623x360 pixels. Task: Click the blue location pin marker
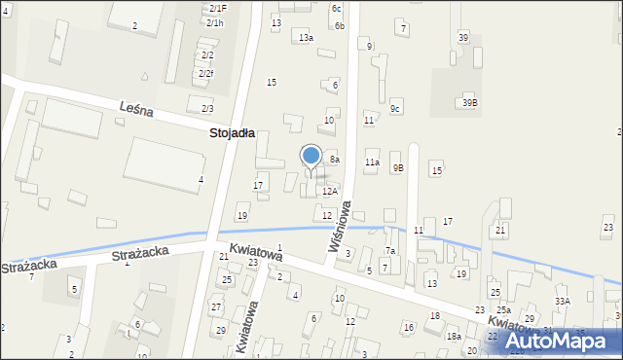tap(311, 157)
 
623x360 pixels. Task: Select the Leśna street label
tap(136, 110)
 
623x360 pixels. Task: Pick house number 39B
tap(470, 102)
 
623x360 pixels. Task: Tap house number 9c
tap(395, 108)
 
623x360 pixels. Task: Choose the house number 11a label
tap(372, 162)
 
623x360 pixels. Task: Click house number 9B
tap(398, 167)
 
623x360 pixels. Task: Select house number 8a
tap(334, 159)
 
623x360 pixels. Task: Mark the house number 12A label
tap(330, 192)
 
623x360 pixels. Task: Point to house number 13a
tap(306, 37)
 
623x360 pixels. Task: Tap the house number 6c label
tap(336, 8)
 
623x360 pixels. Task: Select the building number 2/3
tap(206, 108)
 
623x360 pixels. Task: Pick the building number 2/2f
tap(206, 73)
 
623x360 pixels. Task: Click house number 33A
tap(563, 302)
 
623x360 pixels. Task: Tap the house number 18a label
tap(454, 336)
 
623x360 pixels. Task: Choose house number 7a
tap(389, 251)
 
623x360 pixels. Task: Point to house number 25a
tap(503, 309)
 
